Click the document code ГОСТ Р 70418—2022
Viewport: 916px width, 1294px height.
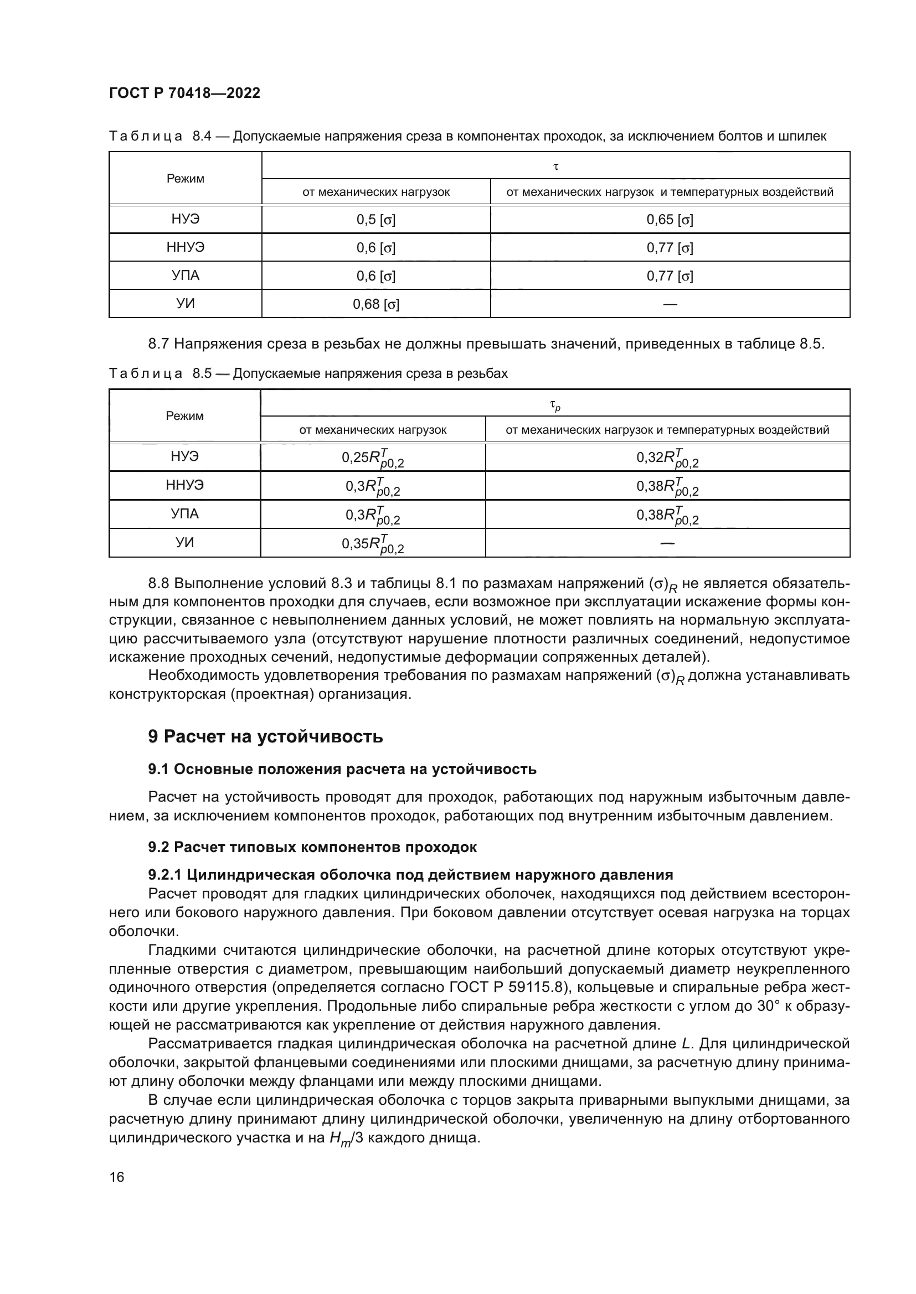click(x=184, y=93)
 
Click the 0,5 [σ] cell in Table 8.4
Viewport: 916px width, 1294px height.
click(x=375, y=220)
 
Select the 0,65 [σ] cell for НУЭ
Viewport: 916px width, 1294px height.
click(x=670, y=220)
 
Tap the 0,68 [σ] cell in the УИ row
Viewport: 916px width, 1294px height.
click(x=375, y=304)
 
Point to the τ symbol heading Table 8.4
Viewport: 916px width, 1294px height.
click(x=556, y=167)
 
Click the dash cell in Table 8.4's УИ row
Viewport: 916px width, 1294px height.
click(x=670, y=304)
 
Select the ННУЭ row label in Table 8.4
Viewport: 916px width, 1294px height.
click(x=185, y=247)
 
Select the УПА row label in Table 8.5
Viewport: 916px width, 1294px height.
click(x=184, y=514)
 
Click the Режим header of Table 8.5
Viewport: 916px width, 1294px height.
click(x=184, y=416)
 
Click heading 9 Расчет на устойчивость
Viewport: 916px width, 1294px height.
click(x=265, y=736)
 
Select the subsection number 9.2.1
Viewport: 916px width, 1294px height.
click(x=164, y=875)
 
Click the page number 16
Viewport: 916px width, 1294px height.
click(x=117, y=1177)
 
